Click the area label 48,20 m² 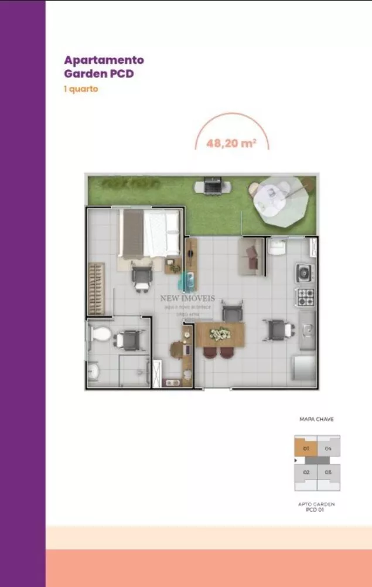(x=231, y=143)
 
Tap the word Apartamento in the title (x=104, y=60)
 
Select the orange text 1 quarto (x=81, y=90)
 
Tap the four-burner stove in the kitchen (x=305, y=296)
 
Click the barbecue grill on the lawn (x=211, y=185)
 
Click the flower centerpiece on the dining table (x=220, y=335)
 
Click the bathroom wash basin (x=93, y=371)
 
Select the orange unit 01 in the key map (x=305, y=449)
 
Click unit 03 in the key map (x=328, y=472)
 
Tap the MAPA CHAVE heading (x=316, y=420)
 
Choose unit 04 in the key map (x=328, y=449)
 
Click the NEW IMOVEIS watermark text (x=188, y=298)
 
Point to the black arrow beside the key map (x=294, y=461)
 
